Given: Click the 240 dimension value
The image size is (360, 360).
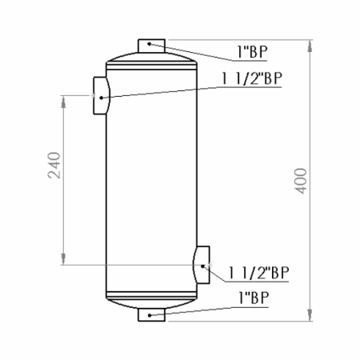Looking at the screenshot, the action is click(54, 165).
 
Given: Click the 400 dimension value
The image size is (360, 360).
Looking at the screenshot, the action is click(301, 181).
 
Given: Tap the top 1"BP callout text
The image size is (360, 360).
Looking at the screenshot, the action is click(252, 52).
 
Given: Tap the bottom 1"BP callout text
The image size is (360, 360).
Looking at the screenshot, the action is click(254, 298).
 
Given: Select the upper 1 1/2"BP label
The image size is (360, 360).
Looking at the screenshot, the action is click(252, 78).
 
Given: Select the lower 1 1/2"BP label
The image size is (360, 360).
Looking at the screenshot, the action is click(258, 273).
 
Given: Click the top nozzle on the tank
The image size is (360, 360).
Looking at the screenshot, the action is click(151, 46).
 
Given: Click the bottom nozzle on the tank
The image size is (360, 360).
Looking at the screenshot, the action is click(151, 314).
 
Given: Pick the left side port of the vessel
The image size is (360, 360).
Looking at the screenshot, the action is click(102, 95).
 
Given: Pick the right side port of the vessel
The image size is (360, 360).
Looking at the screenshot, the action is click(202, 265).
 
